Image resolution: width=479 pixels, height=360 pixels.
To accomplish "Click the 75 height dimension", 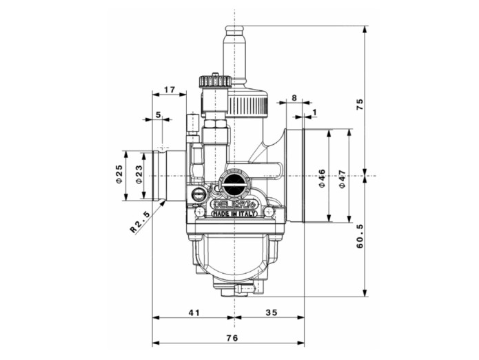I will click(x=359, y=104).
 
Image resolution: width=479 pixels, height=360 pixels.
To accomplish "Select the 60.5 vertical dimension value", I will click(x=359, y=235).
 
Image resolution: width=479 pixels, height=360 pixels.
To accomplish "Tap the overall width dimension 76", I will click(x=232, y=337).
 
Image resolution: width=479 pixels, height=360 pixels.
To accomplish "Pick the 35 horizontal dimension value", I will click(x=271, y=312).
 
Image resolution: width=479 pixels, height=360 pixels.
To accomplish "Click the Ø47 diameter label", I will click(x=343, y=178).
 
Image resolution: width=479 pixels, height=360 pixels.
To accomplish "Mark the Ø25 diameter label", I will click(x=119, y=175).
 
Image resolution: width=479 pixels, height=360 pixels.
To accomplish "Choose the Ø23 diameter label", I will click(x=139, y=175).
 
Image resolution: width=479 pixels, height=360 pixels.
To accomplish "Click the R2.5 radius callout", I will click(x=140, y=220).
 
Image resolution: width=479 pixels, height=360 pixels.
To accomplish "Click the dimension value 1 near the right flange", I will click(x=315, y=112).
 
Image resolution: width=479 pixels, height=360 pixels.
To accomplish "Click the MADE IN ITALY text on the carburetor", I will click(x=236, y=214).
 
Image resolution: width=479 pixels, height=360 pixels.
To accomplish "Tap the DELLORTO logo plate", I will click(x=234, y=204).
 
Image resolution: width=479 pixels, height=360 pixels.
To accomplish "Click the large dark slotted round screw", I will click(x=233, y=184).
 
